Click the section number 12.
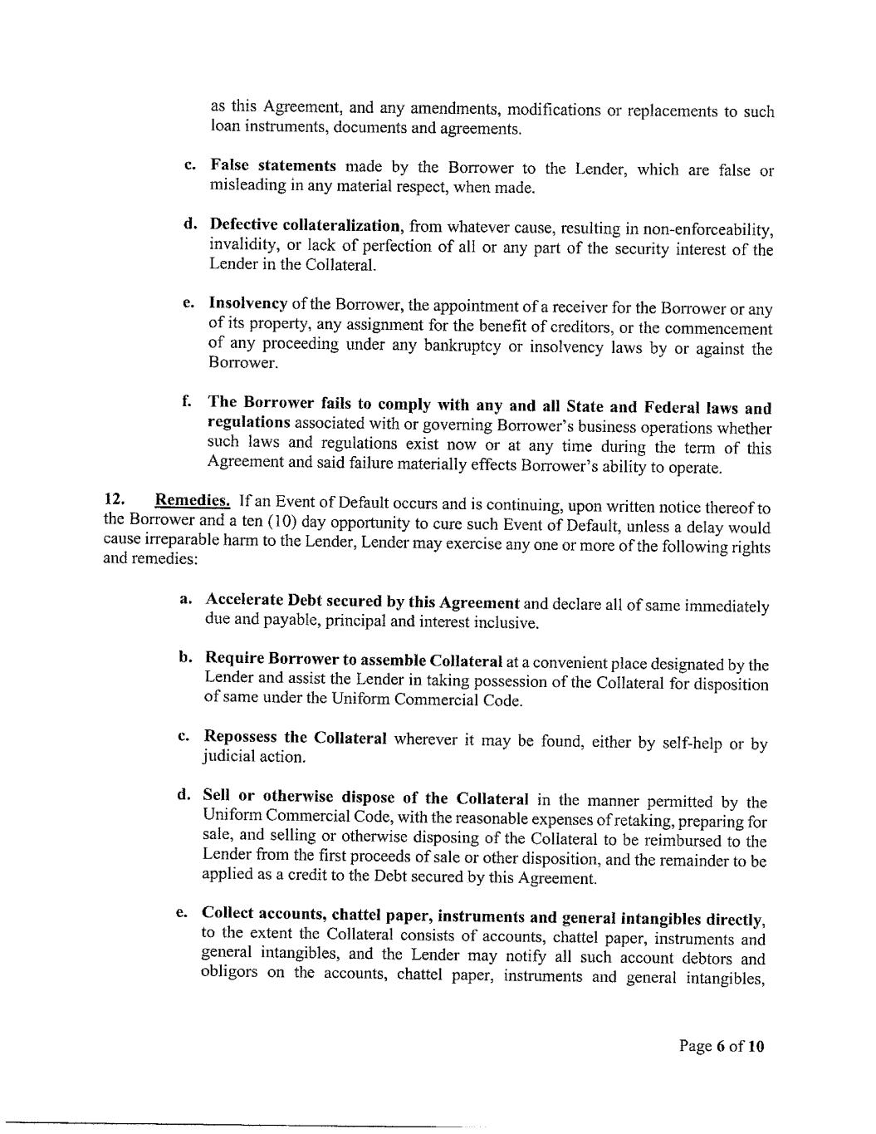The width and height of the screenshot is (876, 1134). (114, 499)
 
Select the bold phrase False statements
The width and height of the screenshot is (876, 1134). (273, 165)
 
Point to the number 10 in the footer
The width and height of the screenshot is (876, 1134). (755, 1046)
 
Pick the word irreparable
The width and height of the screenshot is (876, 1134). (175, 539)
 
